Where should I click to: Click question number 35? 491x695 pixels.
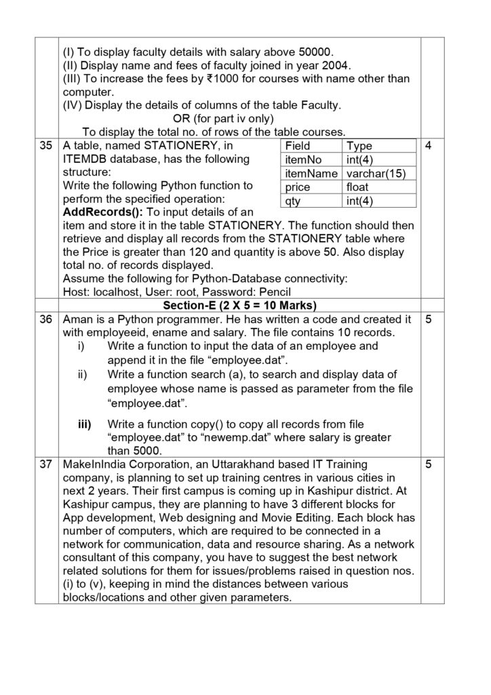[45, 146]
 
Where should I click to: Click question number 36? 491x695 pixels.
[45, 319]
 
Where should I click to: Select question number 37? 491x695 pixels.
[45, 466]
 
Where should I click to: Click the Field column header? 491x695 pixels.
[298, 146]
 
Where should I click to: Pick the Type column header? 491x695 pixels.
[359, 146]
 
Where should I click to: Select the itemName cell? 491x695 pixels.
[310, 173]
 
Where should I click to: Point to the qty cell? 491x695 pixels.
[292, 200]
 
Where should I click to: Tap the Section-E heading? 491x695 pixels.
[240, 305]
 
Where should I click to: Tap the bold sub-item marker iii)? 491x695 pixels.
[85, 425]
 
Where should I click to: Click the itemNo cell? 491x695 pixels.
[302, 159]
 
